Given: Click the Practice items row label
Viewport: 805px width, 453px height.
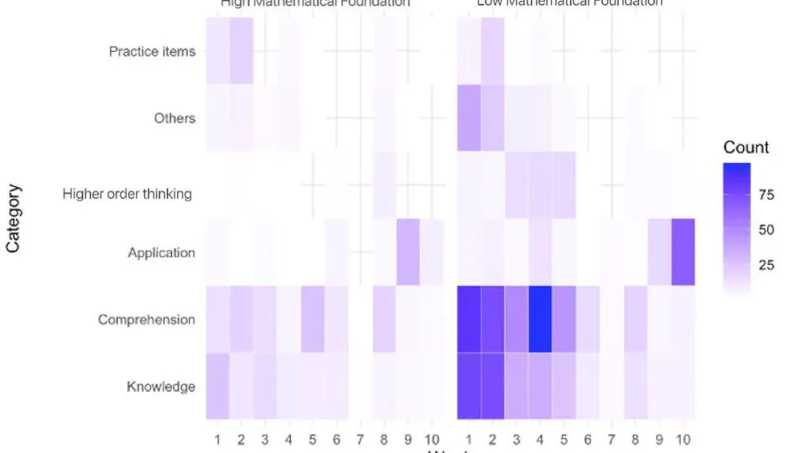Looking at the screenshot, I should (152, 51).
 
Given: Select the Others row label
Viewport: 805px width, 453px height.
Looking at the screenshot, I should (174, 118).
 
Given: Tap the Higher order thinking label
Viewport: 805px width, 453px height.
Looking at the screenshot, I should (127, 194).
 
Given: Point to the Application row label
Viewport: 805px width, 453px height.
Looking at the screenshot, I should (161, 253).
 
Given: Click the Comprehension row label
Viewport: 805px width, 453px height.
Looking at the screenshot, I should (147, 320).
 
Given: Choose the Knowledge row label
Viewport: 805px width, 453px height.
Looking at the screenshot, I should (161, 387).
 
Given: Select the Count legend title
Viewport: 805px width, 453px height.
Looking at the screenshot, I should (746, 148).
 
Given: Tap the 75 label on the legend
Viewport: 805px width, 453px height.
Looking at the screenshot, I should (766, 195).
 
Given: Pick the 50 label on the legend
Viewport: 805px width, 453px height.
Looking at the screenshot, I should (766, 230).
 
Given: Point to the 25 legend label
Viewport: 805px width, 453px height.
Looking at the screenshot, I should (766, 265).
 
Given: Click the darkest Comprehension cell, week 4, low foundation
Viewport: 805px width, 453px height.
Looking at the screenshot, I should (540, 320).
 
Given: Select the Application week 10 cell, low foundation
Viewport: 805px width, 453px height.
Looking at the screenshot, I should (683, 253).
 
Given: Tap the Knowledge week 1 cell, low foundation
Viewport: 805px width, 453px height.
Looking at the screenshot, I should (469, 387).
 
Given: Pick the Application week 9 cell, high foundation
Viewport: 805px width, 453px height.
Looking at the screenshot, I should (408, 253).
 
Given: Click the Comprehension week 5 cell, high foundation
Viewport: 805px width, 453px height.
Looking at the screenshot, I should (312, 320).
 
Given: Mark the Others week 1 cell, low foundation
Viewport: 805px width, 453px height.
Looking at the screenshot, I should (469, 118).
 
